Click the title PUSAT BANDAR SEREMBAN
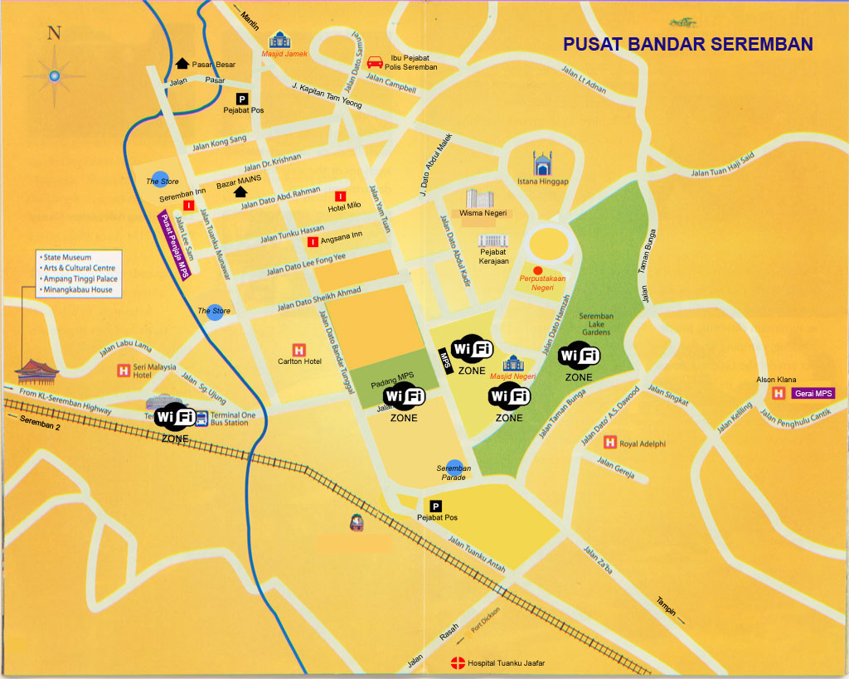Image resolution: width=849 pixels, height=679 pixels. tap(687, 44)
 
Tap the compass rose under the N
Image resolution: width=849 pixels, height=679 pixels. tap(54, 76)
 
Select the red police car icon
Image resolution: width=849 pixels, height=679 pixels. tap(375, 61)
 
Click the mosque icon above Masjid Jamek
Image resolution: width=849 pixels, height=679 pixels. tap(279, 40)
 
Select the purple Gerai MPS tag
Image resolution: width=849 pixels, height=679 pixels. tap(812, 393)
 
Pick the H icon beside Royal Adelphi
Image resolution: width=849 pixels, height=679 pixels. tap(609, 443)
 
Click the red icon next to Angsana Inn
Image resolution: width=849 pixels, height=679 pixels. tap(313, 242)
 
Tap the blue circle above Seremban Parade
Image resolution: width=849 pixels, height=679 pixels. tap(454, 467)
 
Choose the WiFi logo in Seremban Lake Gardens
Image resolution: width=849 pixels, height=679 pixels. tap(579, 356)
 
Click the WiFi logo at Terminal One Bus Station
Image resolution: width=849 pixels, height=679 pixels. tap(175, 416)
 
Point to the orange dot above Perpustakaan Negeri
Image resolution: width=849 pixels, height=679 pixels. tap(537, 270)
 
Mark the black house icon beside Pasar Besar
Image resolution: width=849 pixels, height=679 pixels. tap(182, 64)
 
